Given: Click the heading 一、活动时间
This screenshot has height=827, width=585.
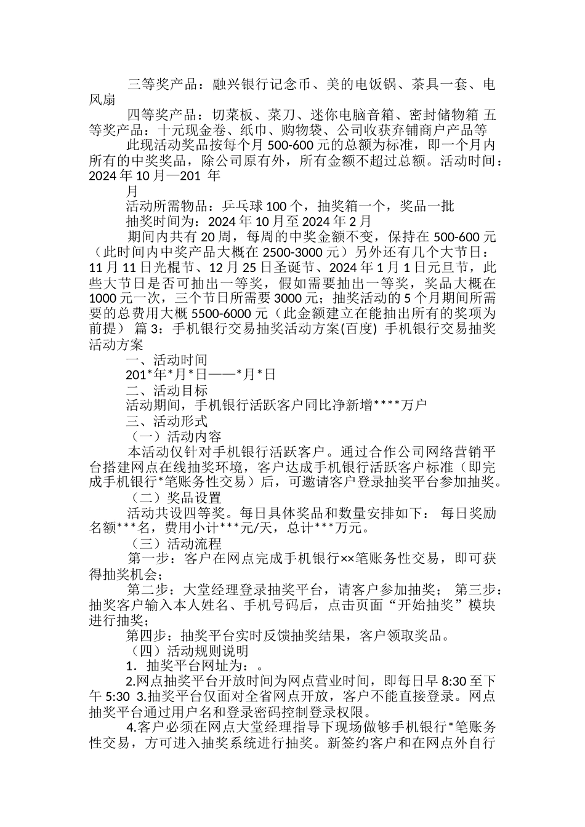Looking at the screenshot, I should [166, 360].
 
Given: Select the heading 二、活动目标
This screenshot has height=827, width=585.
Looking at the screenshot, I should [166, 391].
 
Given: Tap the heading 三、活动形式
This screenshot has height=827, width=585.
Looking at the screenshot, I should [166, 421].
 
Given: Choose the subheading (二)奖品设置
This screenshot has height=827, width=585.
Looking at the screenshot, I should [176, 498].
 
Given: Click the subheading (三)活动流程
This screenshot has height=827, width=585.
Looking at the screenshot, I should [176, 544].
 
